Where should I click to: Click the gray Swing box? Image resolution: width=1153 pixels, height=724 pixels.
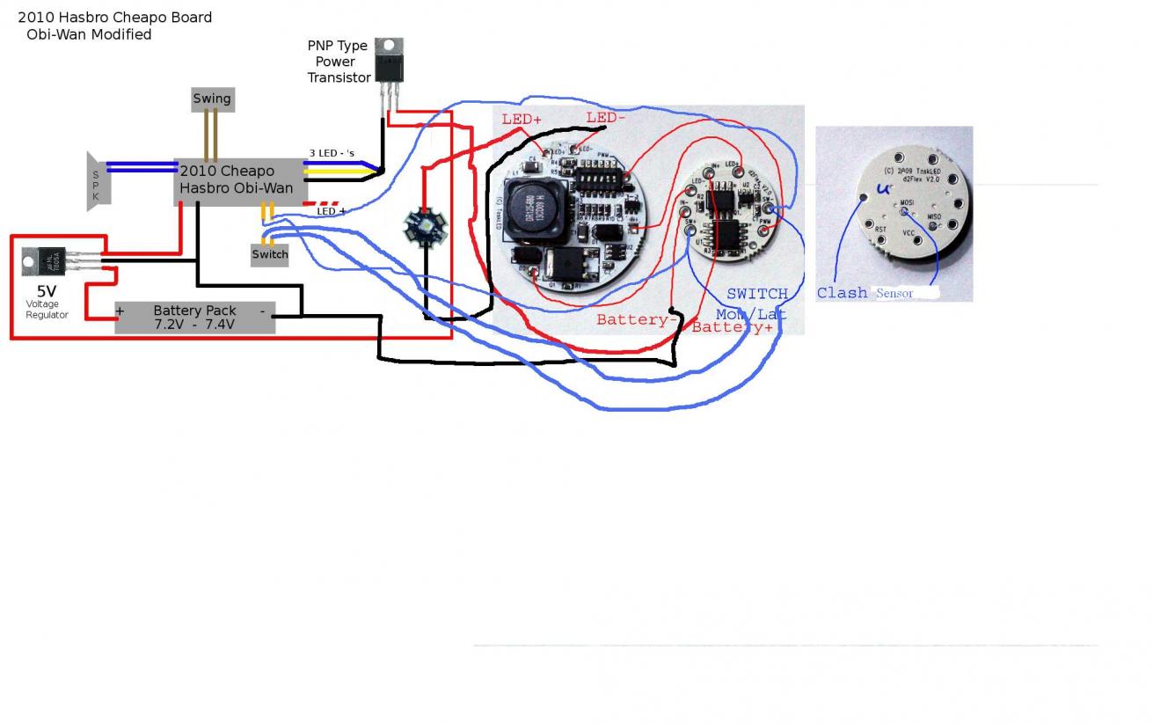click(x=211, y=99)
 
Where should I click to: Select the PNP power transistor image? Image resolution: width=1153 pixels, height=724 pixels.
click(x=389, y=62)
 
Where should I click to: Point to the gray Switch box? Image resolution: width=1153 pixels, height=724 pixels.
click(x=270, y=254)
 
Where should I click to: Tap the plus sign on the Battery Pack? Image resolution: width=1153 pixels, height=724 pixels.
click(x=120, y=311)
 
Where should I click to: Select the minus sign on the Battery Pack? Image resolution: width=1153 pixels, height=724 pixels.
click(x=262, y=311)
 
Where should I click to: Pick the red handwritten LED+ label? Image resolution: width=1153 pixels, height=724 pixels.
click(x=522, y=120)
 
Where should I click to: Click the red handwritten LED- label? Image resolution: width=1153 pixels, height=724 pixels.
click(x=606, y=118)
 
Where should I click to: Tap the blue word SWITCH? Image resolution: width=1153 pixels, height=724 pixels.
click(x=756, y=293)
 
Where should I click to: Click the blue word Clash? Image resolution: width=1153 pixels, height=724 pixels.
click(x=842, y=293)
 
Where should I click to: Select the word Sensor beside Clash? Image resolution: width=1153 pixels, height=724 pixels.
click(x=894, y=293)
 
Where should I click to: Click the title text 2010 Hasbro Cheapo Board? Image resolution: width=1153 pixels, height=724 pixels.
click(x=115, y=17)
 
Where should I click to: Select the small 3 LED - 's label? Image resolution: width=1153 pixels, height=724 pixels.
click(x=332, y=153)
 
